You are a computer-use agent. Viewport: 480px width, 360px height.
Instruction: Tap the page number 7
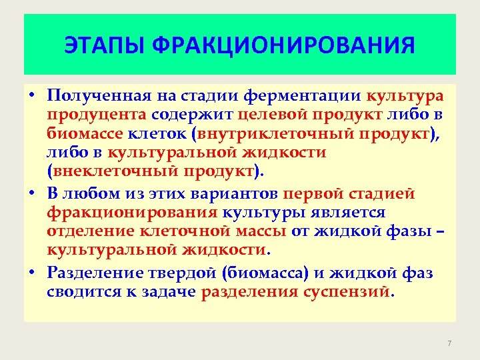(449, 343)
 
